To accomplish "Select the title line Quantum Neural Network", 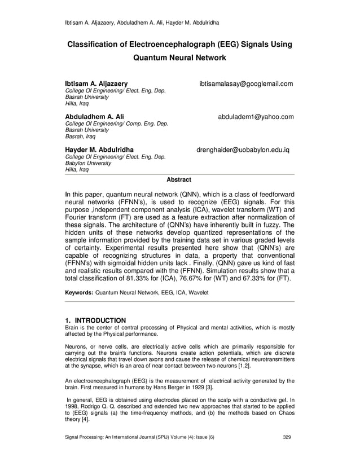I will coord(179,58).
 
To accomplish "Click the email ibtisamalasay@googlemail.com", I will coord(246,84).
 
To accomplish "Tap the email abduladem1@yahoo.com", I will coord(256,117).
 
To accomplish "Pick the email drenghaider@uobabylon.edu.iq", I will coord(243,151).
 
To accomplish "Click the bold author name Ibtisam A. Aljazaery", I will coord(96,84).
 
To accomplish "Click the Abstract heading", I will coord(179,180).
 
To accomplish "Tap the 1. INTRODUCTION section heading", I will coord(96,320).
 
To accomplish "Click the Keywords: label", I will coord(80,293).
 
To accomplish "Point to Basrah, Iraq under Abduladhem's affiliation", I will coord(81,136).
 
